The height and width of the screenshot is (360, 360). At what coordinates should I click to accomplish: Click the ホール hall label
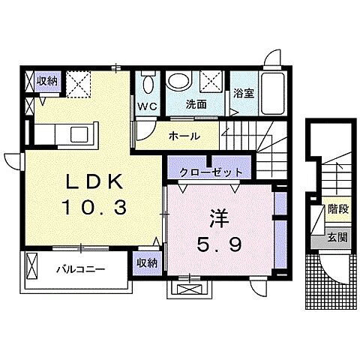183,137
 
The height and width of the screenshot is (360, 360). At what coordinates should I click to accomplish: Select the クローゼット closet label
211,172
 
